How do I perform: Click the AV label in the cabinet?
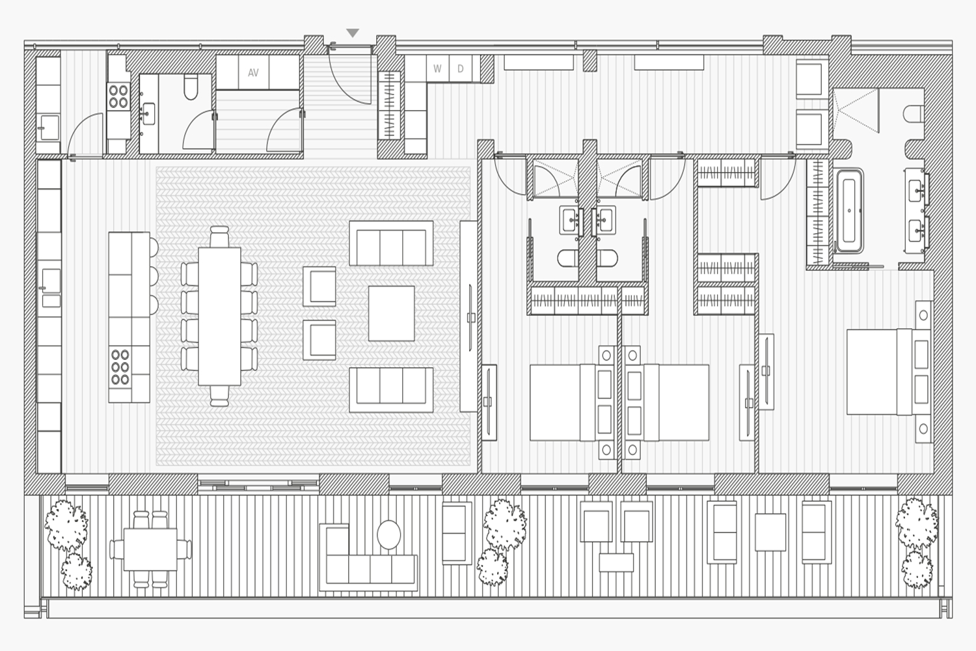253,73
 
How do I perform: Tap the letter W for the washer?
437,68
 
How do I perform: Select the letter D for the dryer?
461,68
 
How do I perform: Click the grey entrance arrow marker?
353,33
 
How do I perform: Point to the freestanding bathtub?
848,211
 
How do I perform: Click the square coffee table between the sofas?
391,314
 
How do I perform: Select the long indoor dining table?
220,316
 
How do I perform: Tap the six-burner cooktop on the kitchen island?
120,367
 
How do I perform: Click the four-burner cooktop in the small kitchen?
118,96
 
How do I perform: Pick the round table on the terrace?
388,534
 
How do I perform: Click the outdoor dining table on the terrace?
150,549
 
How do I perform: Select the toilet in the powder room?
191,87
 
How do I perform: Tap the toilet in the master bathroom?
914,115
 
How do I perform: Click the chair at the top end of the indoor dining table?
219,236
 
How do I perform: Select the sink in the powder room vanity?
148,114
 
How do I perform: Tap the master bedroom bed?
889,372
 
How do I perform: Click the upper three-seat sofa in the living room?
391,243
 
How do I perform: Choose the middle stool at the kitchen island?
154,275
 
